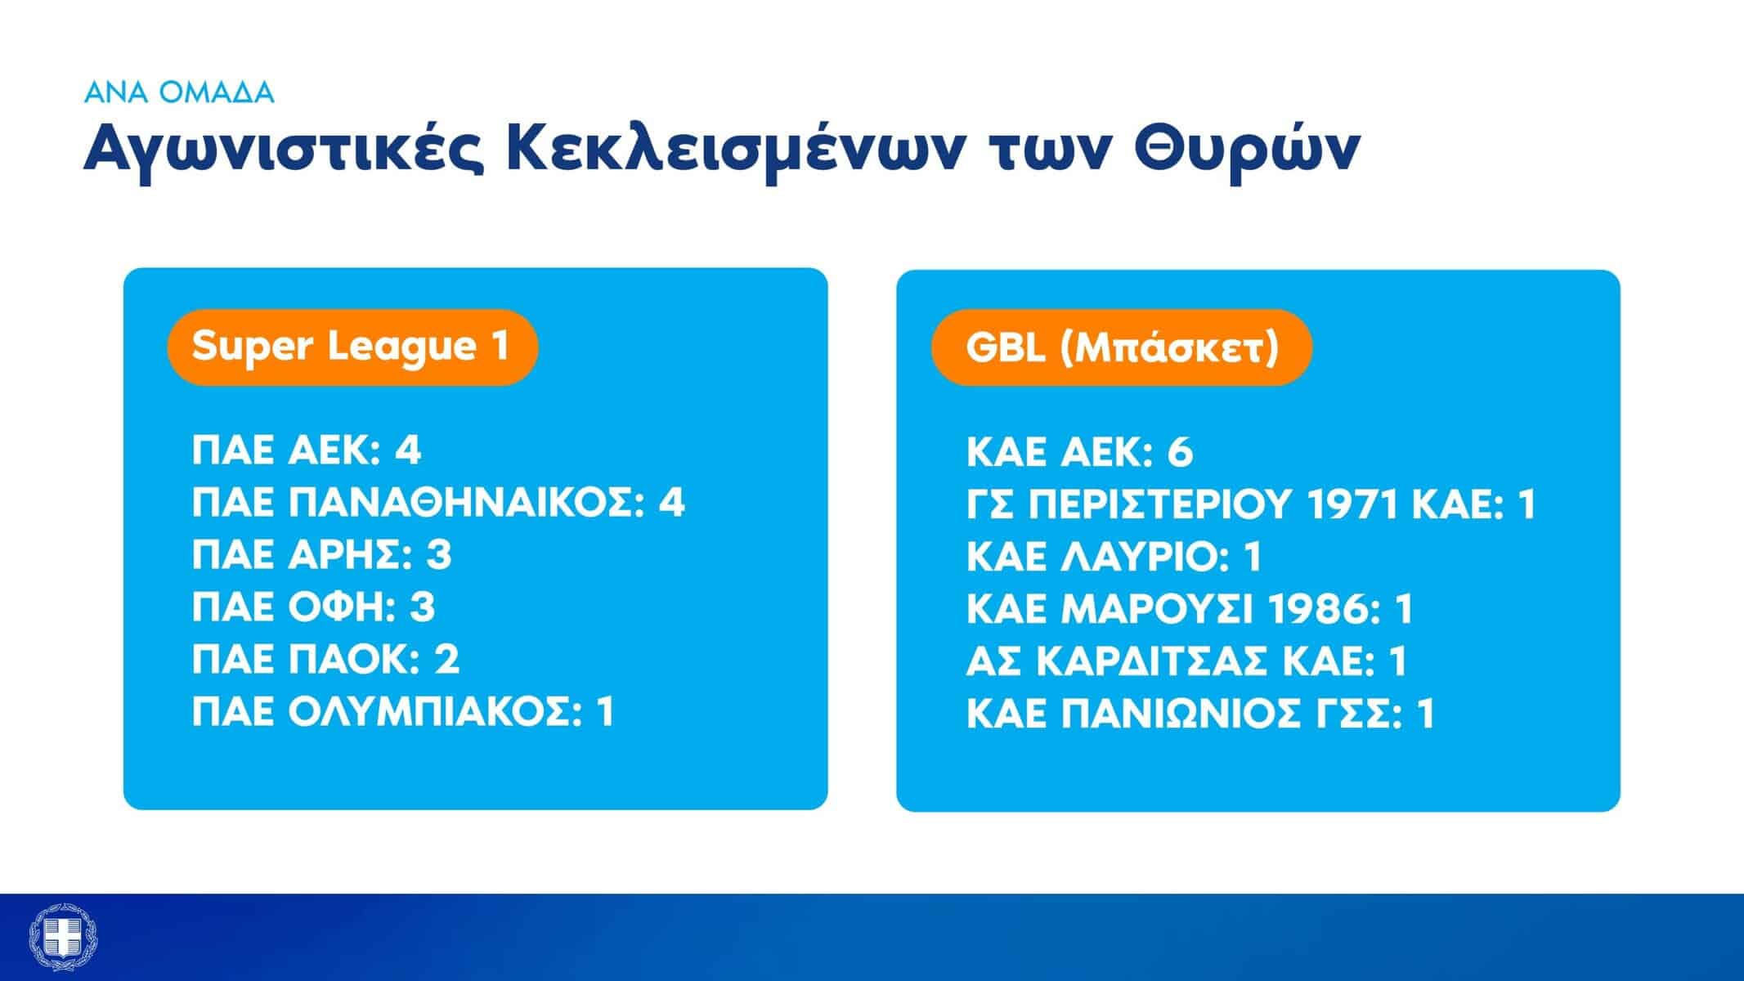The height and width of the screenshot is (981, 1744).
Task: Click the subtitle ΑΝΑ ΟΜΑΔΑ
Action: point(179,92)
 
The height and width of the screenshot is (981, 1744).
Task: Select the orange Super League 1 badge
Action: point(352,347)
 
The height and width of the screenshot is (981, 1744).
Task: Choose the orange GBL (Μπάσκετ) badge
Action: point(1122,347)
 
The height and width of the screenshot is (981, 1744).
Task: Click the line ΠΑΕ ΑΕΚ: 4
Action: point(307,450)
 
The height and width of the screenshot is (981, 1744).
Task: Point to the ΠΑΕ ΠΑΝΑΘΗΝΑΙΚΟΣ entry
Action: point(438,503)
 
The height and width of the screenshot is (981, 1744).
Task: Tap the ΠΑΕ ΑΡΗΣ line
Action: point(321,555)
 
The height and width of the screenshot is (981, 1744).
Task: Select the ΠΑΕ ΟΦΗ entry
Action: point(313,607)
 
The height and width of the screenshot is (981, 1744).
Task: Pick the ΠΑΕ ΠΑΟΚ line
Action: point(325,660)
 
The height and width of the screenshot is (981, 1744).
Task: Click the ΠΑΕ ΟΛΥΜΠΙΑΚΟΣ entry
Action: point(402,712)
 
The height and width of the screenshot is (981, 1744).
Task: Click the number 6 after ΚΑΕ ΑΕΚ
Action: point(1180,452)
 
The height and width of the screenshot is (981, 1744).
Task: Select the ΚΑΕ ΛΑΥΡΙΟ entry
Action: point(1114,557)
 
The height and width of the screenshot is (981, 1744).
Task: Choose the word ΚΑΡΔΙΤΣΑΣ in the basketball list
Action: point(1153,661)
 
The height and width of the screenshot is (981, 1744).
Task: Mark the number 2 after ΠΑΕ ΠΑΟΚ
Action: point(446,660)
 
